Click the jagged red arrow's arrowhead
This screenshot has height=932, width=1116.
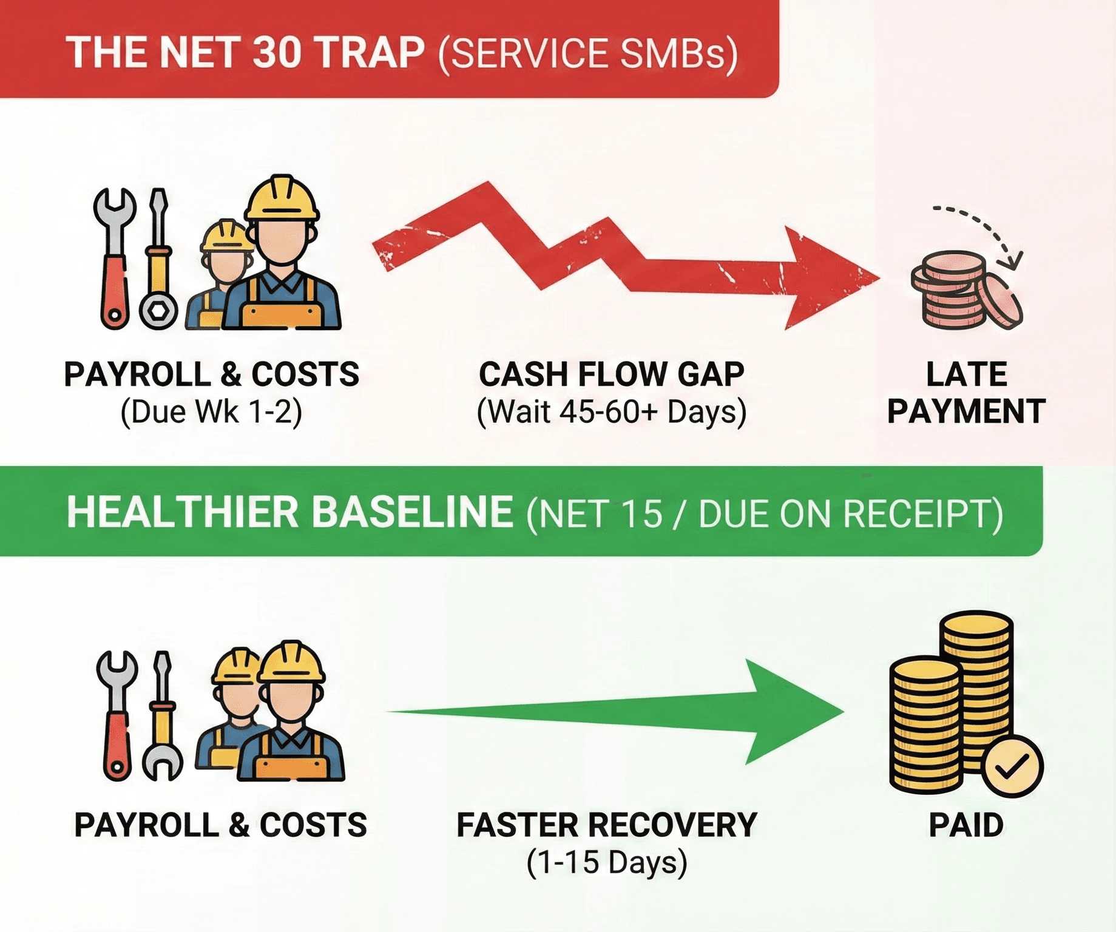point(825,278)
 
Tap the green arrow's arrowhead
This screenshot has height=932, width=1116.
point(789,711)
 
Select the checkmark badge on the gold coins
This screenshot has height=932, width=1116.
point(1012,766)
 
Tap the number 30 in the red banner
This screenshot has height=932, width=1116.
point(276,53)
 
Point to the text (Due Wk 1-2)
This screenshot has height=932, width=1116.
point(211,413)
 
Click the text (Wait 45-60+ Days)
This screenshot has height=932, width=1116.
point(612,413)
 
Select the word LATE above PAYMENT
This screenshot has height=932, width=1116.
point(967,374)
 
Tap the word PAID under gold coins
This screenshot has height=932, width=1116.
point(966,825)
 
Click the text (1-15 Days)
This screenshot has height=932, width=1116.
point(607,863)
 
